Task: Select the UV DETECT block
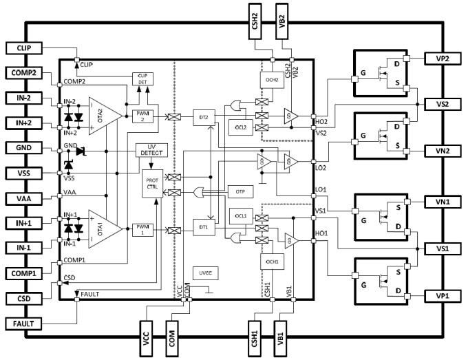click(x=152, y=149)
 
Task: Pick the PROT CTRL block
click(x=152, y=184)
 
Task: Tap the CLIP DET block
click(x=142, y=78)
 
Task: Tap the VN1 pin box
click(x=443, y=202)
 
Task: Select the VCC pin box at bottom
click(x=145, y=339)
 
